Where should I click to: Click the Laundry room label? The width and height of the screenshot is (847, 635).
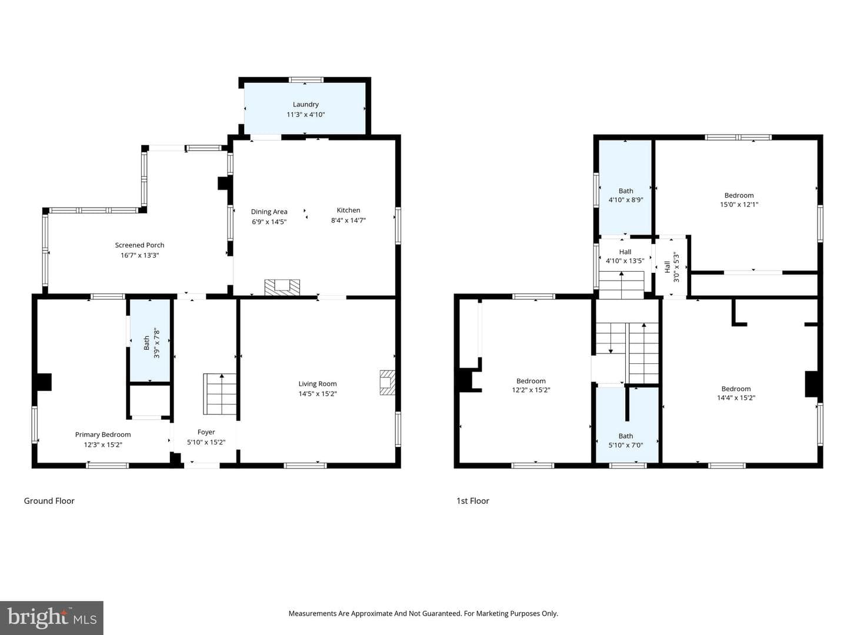pyautogui.click(x=305, y=104)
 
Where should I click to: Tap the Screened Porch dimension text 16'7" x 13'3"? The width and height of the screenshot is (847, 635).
pyautogui.click(x=139, y=255)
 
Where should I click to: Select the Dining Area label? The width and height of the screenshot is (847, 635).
pyautogui.click(x=269, y=212)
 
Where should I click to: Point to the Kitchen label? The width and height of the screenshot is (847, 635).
pyautogui.click(x=348, y=210)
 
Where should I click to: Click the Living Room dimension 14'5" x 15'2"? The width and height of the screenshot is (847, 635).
pyautogui.click(x=318, y=394)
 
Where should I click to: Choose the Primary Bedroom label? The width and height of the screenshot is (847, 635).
pyautogui.click(x=103, y=435)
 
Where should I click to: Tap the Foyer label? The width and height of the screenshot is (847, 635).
pyautogui.click(x=206, y=432)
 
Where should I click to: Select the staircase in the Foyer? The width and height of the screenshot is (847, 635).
pyautogui.click(x=220, y=394)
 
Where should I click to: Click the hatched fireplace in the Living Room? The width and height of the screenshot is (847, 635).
pyautogui.click(x=388, y=382)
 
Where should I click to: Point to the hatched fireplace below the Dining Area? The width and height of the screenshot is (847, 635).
pyautogui.click(x=282, y=288)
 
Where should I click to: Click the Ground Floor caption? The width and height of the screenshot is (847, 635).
pyautogui.click(x=49, y=501)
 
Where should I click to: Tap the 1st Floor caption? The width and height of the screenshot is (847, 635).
pyautogui.click(x=473, y=501)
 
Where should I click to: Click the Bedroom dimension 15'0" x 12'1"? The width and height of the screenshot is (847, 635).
pyautogui.click(x=739, y=205)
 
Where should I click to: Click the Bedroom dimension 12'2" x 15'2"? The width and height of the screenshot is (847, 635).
pyautogui.click(x=531, y=390)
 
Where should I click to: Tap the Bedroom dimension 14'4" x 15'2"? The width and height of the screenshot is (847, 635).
pyautogui.click(x=736, y=397)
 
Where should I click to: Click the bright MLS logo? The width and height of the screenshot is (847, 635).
pyautogui.click(x=52, y=617)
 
